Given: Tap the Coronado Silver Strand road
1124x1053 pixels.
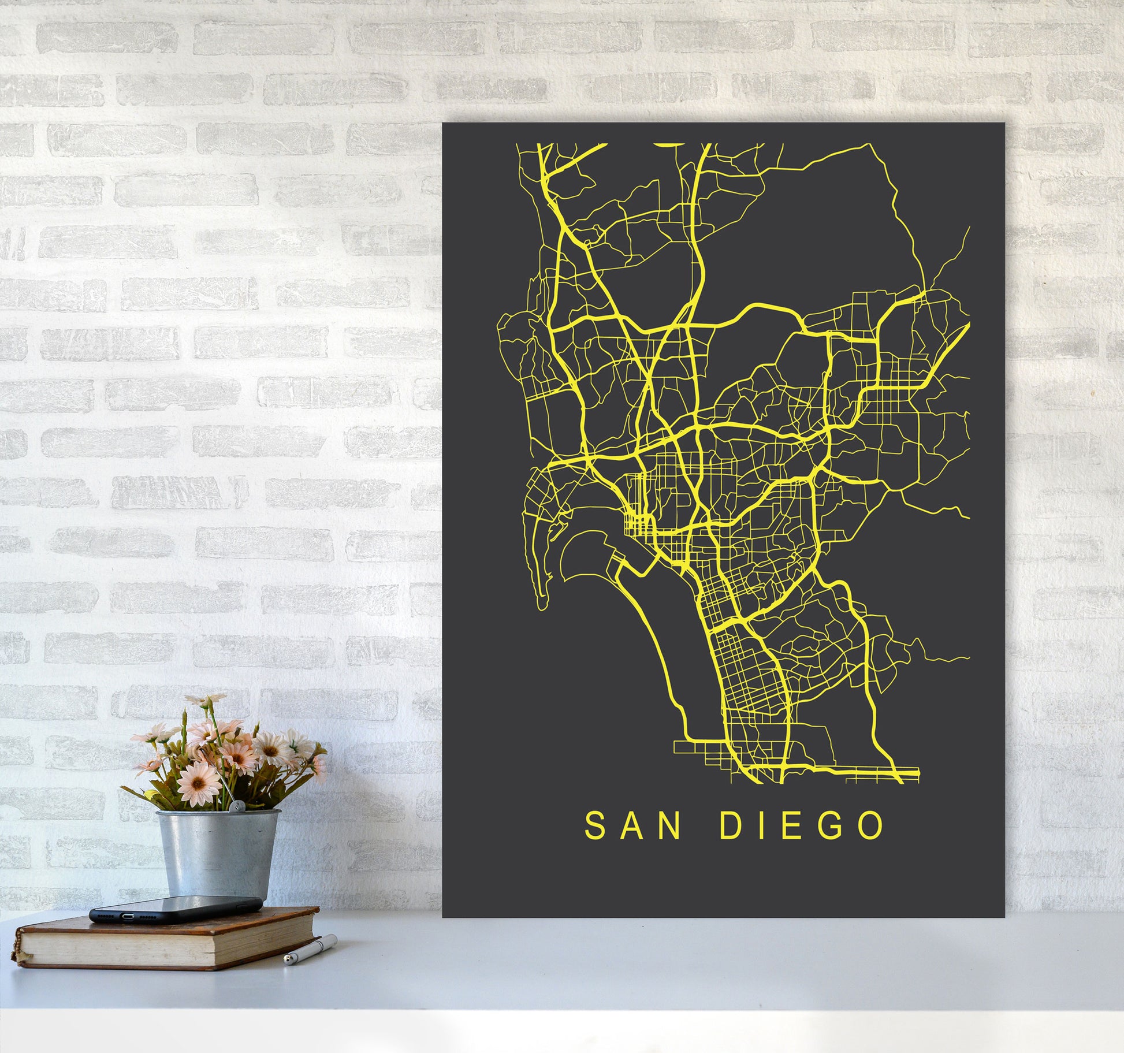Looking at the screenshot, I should [x=664, y=653].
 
